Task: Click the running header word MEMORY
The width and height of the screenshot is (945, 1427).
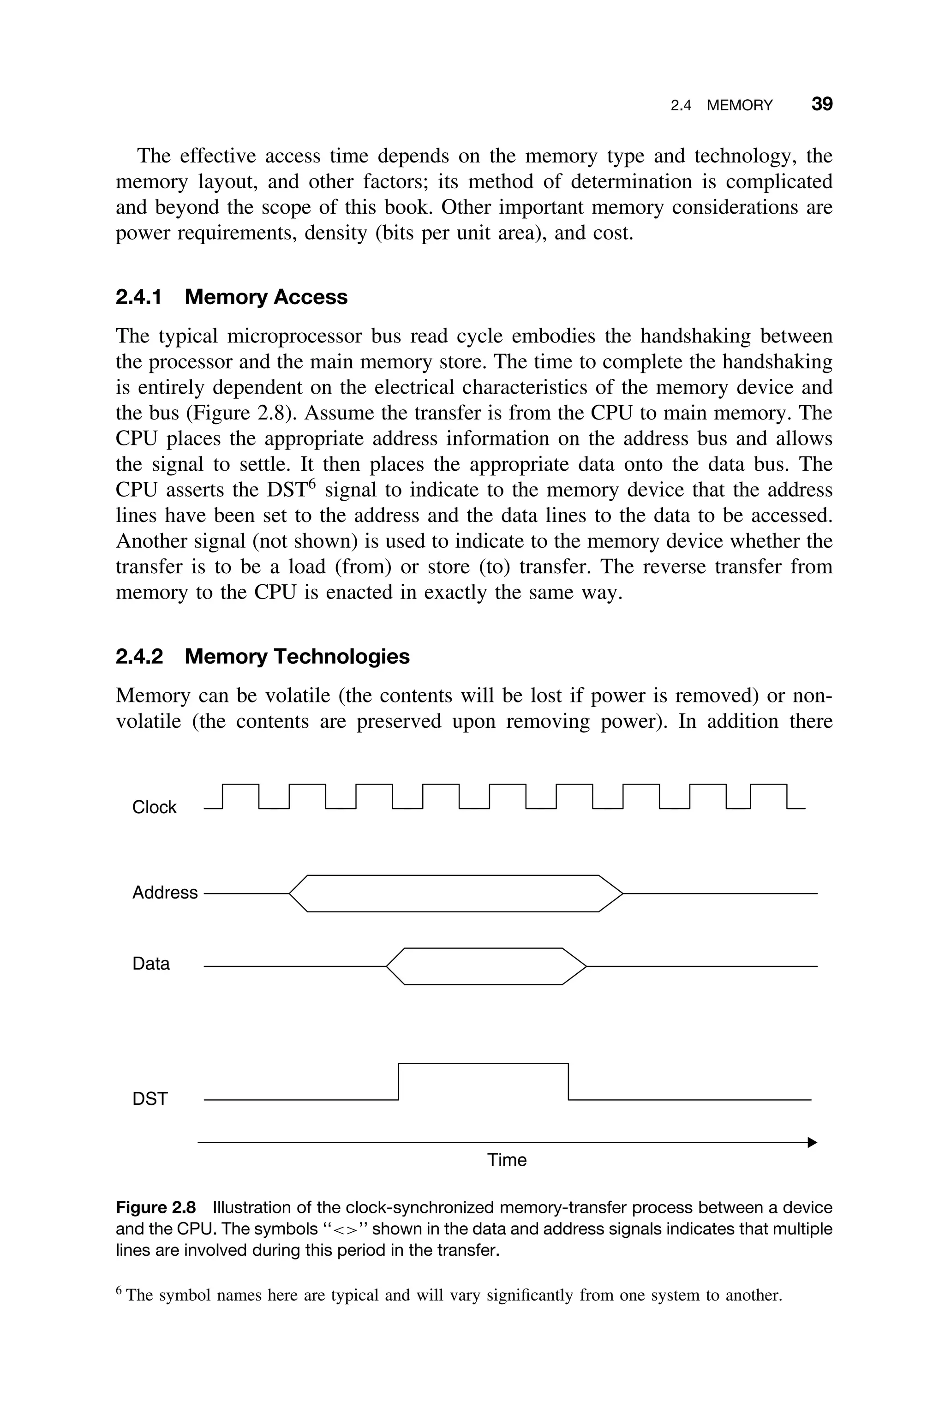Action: pyautogui.click(x=740, y=106)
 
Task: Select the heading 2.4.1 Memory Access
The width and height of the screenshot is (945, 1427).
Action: pyautogui.click(x=232, y=297)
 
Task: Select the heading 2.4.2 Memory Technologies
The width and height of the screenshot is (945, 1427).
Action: pyautogui.click(x=262, y=656)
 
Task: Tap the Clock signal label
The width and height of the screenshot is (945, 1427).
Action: pyautogui.click(x=154, y=808)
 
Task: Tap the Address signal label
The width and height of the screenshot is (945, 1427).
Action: pyautogui.click(x=165, y=893)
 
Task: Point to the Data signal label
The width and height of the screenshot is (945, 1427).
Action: pyautogui.click(x=151, y=964)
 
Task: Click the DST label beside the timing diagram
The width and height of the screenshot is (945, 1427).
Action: pyautogui.click(x=150, y=1099)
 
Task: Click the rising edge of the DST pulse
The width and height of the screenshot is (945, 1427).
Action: pyautogui.click(x=399, y=1082)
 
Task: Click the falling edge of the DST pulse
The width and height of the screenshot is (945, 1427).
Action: pyautogui.click(x=568, y=1082)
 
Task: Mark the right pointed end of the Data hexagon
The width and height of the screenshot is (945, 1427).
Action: pyautogui.click(x=585, y=966)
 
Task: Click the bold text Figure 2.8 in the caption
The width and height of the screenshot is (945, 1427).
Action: pyautogui.click(x=156, y=1208)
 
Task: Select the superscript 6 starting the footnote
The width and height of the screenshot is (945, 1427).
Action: pyautogui.click(x=119, y=1289)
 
